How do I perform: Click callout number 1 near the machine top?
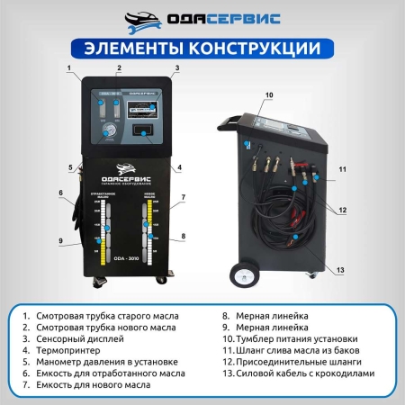pos(66,68)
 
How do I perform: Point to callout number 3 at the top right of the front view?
pos(177,68)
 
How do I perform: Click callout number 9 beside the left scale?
pos(61,241)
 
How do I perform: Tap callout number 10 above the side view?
pos(268,94)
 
